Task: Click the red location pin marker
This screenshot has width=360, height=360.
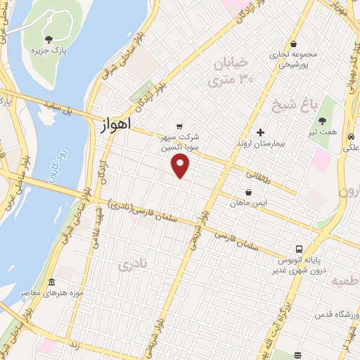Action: coord(181,165)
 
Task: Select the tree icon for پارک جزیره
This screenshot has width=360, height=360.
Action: coord(49,39)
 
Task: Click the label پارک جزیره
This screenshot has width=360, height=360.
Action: coord(46,52)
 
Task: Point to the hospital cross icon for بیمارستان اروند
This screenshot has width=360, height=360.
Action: coord(260,131)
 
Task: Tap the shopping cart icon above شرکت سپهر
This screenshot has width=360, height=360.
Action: coord(181,127)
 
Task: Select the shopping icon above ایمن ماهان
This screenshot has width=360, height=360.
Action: coord(247,192)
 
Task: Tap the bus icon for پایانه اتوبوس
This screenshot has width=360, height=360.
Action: coord(300,248)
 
